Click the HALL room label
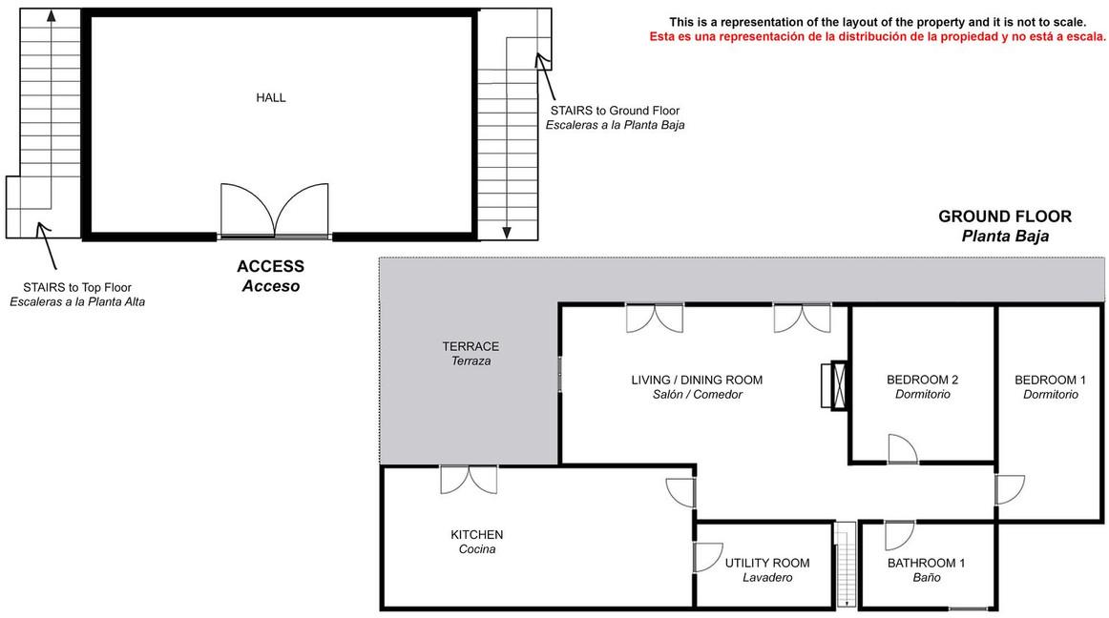271,97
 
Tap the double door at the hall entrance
275,210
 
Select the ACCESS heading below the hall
271,267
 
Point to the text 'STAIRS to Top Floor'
77,287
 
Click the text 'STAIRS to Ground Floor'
615,111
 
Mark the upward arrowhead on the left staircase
51,15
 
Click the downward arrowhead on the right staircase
507,233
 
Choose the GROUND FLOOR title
1004,216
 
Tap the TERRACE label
471,346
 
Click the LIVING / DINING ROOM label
697,380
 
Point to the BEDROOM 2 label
922,380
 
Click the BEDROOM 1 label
1050,380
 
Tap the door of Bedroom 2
903,449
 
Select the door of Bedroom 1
1010,489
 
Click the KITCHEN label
476,535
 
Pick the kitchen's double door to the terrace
469,480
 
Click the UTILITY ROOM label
767,563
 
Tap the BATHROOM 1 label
926,563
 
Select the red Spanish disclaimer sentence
878,37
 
